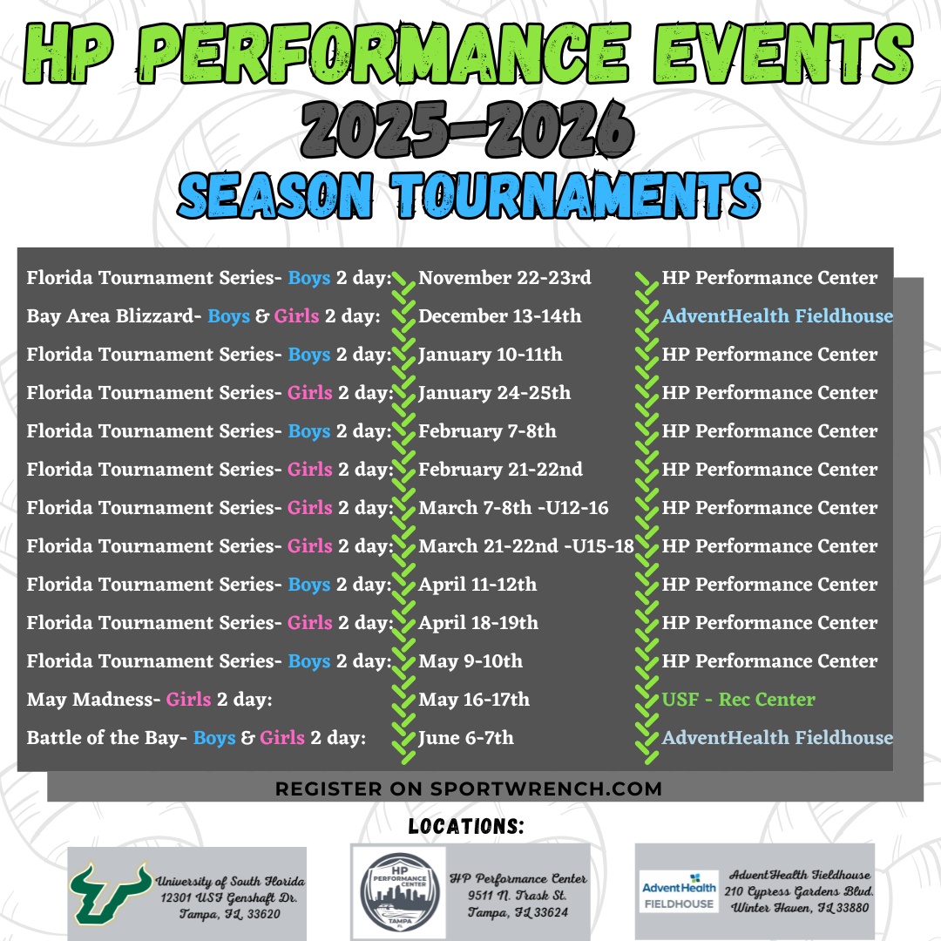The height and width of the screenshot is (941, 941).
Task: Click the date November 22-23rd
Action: point(504,278)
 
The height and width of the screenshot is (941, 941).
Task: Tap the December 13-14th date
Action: point(500,316)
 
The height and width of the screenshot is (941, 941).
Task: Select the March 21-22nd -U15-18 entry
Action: point(526,546)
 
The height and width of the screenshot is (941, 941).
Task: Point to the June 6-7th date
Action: point(466,738)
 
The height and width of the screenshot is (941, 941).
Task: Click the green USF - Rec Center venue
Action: point(739,700)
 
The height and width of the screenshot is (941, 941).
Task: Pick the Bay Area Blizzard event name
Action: point(111,316)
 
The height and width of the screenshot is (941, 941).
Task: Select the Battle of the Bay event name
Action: point(104,738)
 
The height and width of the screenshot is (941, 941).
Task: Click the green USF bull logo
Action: point(110,893)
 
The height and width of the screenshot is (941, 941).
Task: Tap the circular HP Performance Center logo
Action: point(400,892)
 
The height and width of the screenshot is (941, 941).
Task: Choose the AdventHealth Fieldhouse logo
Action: point(679,891)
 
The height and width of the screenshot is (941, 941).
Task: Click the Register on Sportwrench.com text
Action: point(469,789)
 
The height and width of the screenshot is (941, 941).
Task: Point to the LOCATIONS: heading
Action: point(466,826)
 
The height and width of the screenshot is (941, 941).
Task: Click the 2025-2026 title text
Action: point(468,130)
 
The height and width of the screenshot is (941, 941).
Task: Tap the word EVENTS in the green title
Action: point(783,53)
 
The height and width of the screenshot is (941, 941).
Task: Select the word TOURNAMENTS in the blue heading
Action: point(576,195)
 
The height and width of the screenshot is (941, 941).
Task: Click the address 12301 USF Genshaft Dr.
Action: point(228,898)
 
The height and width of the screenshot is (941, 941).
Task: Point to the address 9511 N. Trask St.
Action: point(518,896)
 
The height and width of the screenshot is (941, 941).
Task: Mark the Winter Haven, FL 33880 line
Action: point(799,908)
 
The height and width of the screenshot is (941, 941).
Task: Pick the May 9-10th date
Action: point(470,661)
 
